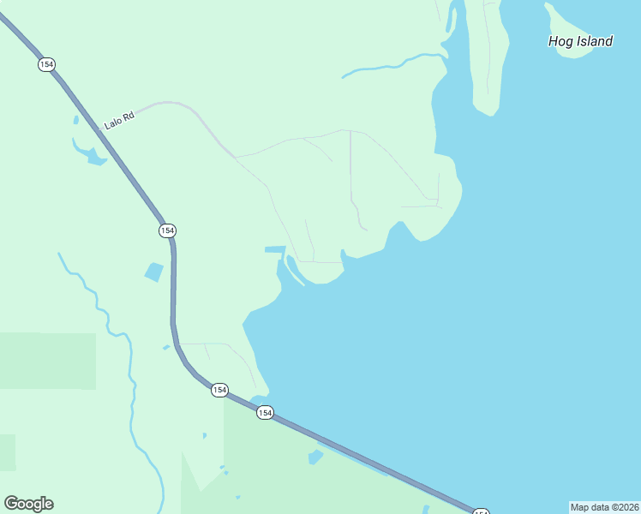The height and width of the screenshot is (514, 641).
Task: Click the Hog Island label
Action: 580,41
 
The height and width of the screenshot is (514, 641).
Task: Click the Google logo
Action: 28,504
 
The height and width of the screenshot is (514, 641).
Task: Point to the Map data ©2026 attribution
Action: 604,507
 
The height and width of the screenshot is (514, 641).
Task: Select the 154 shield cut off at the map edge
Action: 481,511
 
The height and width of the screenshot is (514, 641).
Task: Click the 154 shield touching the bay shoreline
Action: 265,413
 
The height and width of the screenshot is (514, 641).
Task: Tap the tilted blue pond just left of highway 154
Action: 154,272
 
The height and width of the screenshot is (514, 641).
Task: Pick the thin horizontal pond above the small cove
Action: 274,249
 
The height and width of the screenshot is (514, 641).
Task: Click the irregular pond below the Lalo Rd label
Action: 90,153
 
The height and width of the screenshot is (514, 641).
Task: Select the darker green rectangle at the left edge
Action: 47,360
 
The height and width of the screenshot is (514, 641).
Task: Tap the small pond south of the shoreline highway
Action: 315,457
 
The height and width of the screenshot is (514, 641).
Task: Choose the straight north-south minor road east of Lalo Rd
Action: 350,171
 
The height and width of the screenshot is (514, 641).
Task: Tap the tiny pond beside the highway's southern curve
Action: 166,347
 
